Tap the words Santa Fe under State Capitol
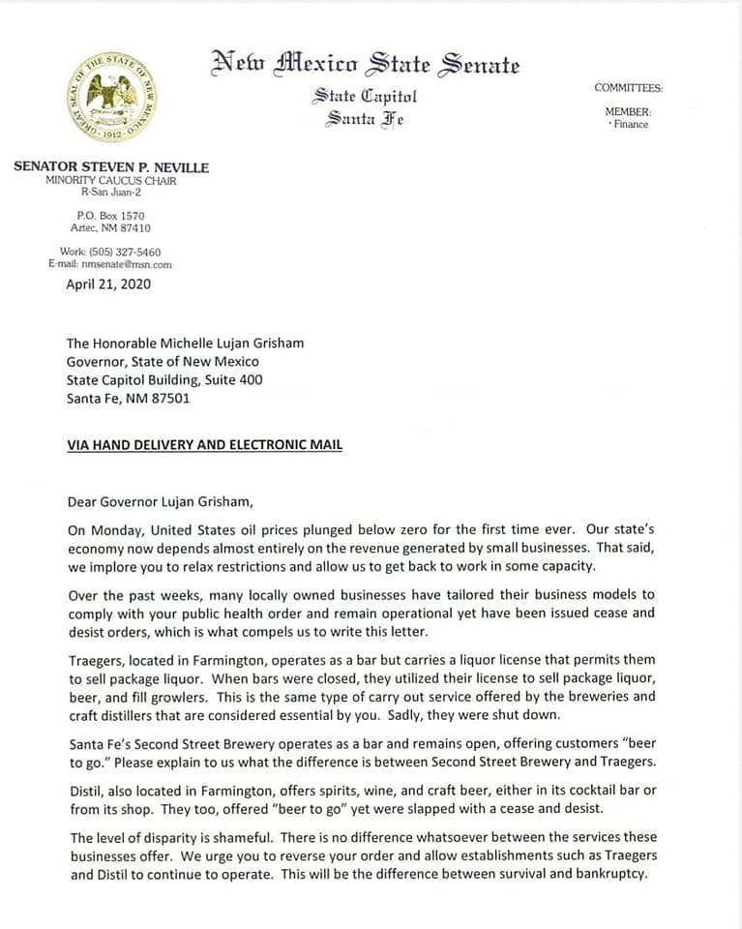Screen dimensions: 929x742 point(365,120)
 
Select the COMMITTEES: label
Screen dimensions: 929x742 point(628,88)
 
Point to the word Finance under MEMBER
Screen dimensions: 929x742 point(631,124)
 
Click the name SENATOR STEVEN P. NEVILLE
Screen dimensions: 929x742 point(111,167)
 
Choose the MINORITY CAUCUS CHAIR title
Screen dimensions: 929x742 point(111,181)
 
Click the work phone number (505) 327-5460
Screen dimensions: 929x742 point(125,252)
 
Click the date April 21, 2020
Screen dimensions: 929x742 point(108,285)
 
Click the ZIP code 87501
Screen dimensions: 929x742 point(171,398)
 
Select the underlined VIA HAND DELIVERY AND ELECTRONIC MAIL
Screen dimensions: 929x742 point(204,445)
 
